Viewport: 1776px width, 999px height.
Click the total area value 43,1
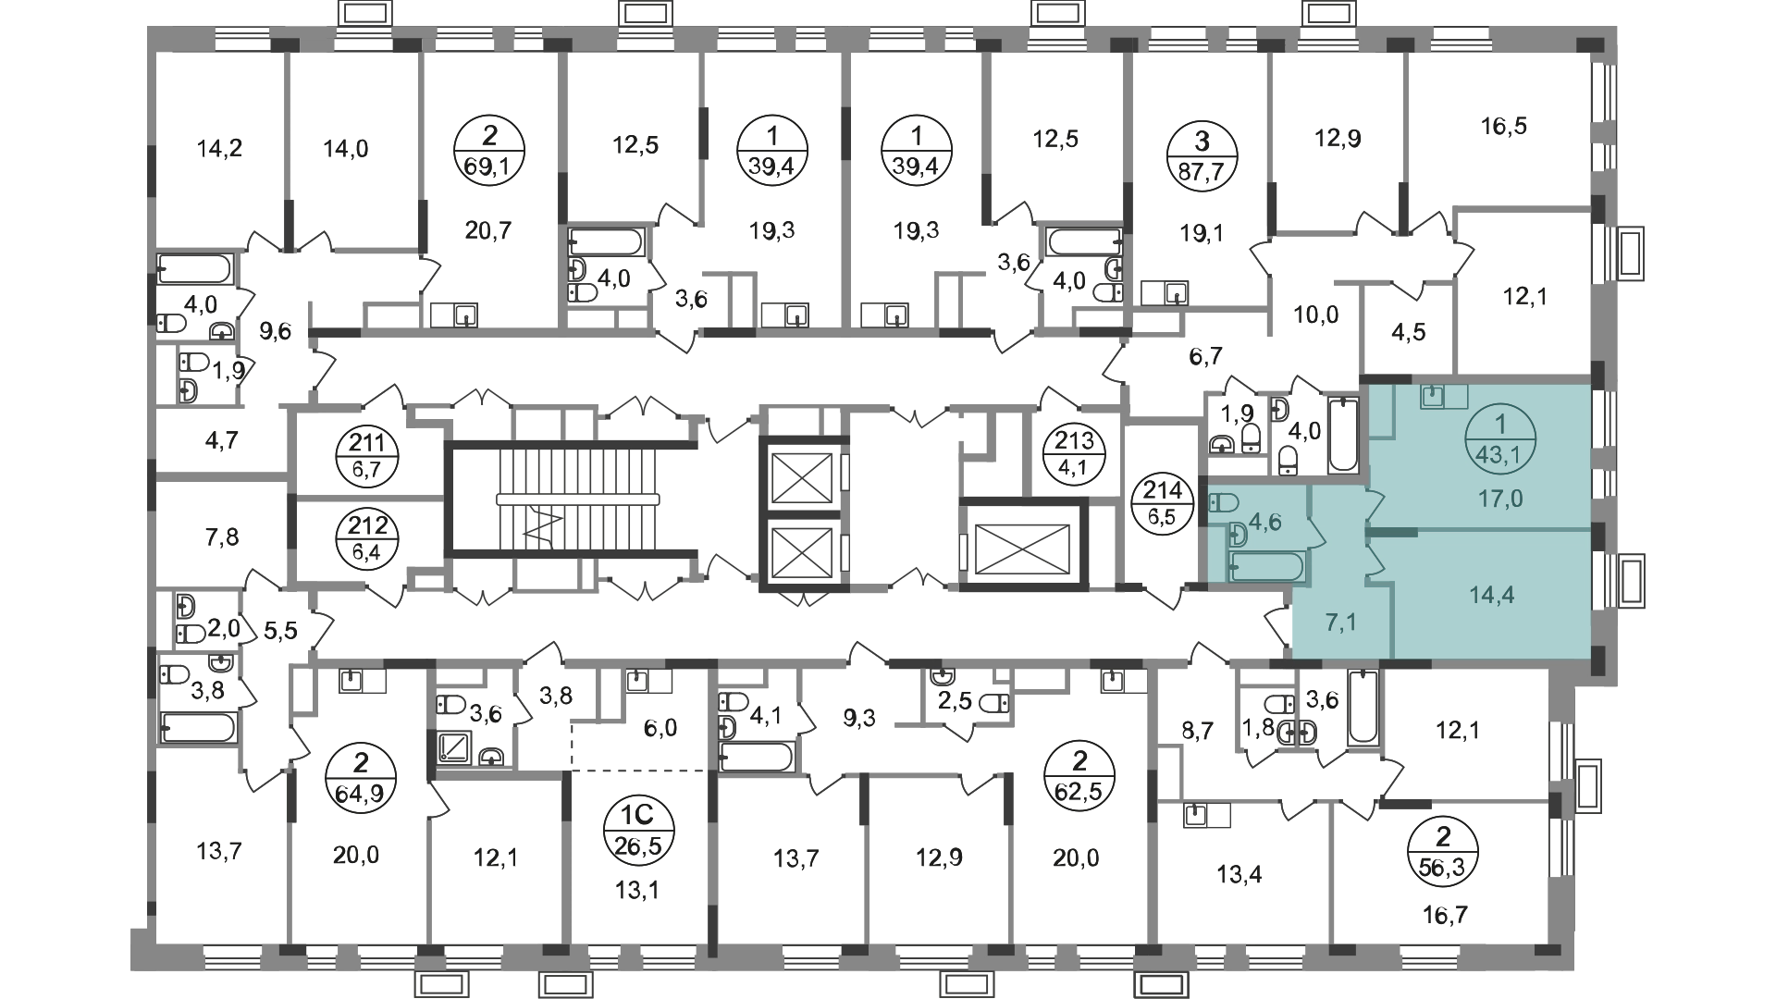1500,454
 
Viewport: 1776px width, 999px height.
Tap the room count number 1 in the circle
1500,425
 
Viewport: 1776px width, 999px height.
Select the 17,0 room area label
1500,499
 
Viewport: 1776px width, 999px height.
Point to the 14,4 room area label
1491,595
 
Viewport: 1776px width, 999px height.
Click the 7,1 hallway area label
1340,623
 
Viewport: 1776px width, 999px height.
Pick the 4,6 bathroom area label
1265,522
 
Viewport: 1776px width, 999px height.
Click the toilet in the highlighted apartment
1224,503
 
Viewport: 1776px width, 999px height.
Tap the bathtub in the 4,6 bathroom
1266,566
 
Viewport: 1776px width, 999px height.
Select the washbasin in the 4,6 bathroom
1238,535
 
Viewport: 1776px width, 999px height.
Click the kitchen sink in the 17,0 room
1433,397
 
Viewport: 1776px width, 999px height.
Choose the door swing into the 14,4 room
1374,561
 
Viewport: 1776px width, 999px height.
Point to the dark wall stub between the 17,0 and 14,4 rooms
1391,532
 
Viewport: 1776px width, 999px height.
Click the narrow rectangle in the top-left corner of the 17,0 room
1382,413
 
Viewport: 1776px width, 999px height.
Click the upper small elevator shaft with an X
796,475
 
